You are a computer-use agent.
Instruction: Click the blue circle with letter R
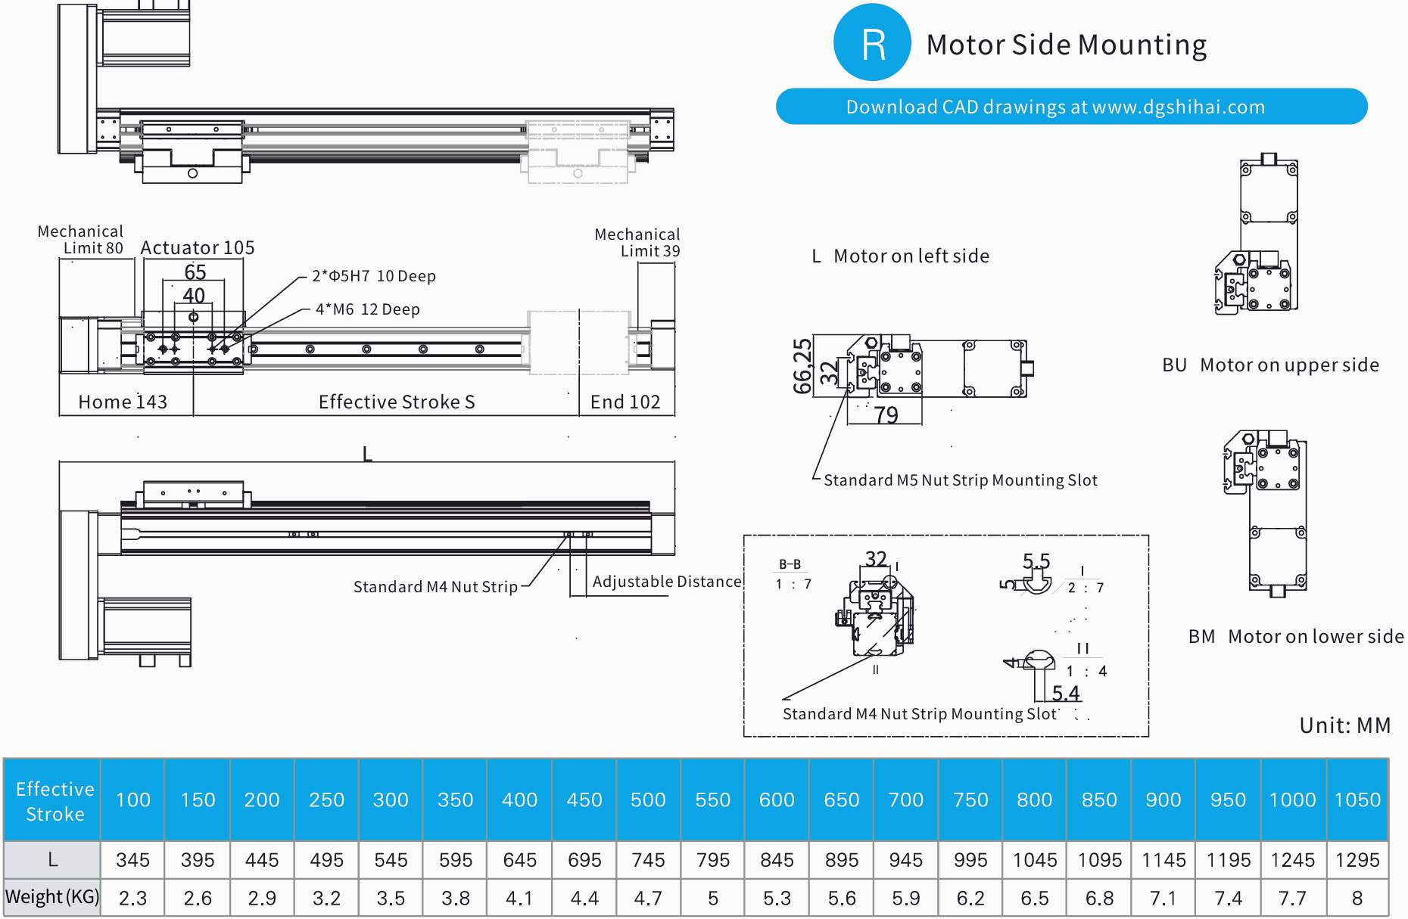872,43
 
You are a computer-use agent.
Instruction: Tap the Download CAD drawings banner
1071,107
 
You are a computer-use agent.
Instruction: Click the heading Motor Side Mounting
1066,45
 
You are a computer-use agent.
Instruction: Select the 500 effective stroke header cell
648,799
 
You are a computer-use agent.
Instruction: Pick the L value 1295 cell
1357,860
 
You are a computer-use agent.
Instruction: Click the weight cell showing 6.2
970,898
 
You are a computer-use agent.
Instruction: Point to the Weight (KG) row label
52,897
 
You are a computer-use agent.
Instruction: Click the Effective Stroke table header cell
54,800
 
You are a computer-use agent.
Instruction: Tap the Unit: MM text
1344,725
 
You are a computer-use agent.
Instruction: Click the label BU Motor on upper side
1270,365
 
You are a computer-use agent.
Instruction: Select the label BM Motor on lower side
1295,636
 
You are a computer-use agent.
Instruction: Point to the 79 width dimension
886,414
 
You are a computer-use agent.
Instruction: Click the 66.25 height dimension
802,366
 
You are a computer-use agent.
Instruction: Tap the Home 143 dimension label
123,402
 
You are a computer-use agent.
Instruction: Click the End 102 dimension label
625,402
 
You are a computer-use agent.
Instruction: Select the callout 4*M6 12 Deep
367,309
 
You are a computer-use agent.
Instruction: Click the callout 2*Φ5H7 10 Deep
374,276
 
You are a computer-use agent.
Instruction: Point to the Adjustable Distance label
666,582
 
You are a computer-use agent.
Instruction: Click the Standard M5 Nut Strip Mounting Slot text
960,480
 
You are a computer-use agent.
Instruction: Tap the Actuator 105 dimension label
197,248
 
